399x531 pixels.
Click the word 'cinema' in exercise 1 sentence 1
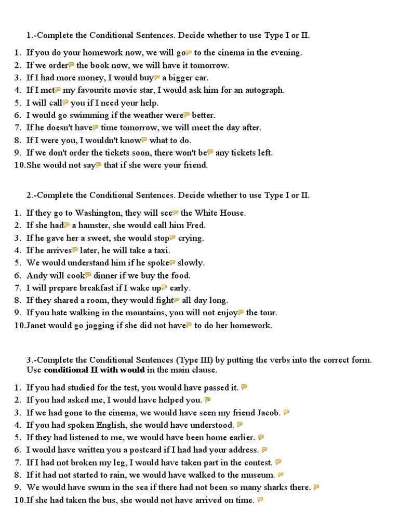pyautogui.click(x=238, y=52)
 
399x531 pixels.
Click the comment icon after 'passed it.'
pyautogui.click(x=244, y=387)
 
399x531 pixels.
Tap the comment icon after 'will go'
pyautogui.click(x=189, y=52)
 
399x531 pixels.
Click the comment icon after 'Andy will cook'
pyautogui.click(x=88, y=275)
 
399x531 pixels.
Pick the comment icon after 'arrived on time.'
pyautogui.click(x=260, y=499)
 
